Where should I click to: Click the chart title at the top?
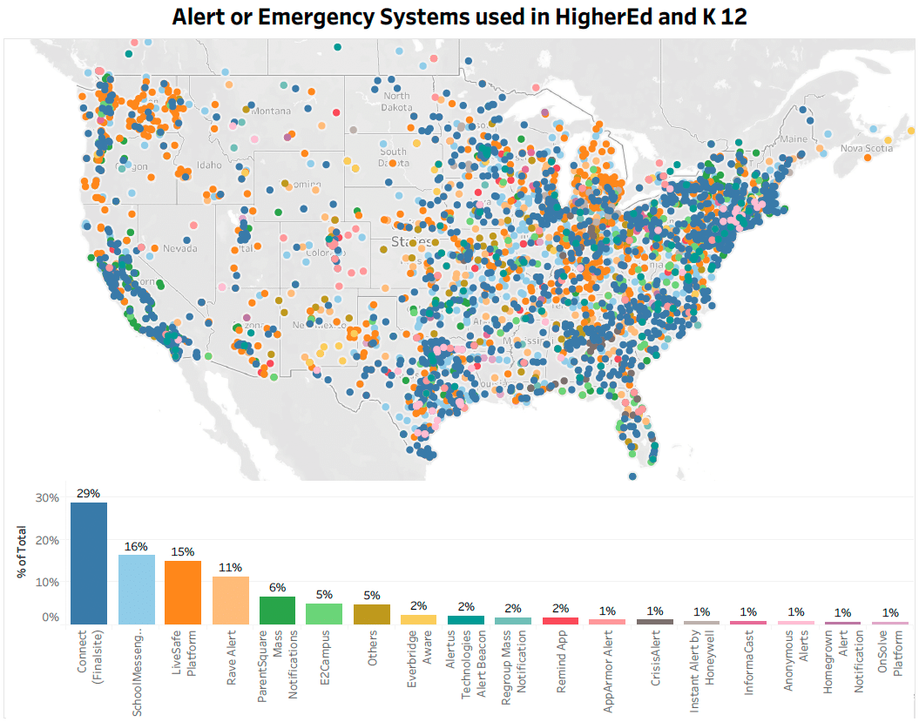pos(459,16)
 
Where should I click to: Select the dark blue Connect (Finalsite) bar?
pos(89,563)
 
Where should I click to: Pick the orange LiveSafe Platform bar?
pos(183,592)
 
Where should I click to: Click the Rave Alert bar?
pos(231,600)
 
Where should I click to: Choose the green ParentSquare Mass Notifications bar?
pos(278,610)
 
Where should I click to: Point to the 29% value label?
pos(88,493)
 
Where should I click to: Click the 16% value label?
pos(136,546)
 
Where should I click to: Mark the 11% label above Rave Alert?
pos(231,568)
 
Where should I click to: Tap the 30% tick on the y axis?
pos(46,498)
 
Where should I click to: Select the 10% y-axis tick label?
pos(46,582)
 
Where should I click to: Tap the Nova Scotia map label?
pos(866,148)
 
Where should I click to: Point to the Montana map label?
pos(272,111)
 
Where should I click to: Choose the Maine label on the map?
pos(794,138)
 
